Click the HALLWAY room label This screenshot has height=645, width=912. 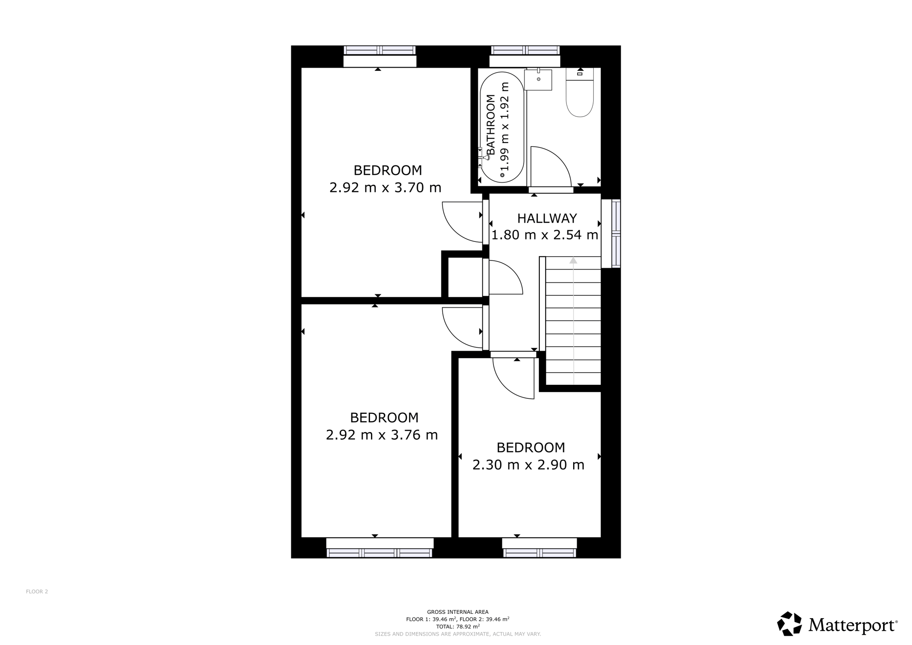(x=547, y=218)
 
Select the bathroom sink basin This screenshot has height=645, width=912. (x=538, y=80)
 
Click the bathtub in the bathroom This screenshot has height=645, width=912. (x=502, y=127)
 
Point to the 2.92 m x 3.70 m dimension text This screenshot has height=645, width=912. (x=385, y=188)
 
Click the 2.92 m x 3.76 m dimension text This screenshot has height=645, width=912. (x=382, y=435)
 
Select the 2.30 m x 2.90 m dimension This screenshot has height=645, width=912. (x=528, y=465)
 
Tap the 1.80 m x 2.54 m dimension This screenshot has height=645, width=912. (x=545, y=235)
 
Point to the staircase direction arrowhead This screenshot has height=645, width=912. (x=573, y=260)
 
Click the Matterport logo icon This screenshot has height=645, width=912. (x=790, y=624)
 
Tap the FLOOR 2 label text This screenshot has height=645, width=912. (x=37, y=592)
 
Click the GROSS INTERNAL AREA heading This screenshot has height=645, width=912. (x=458, y=612)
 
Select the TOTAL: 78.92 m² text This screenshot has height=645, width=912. (x=458, y=626)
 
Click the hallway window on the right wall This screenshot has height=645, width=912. (x=616, y=233)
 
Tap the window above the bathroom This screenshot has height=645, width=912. (x=525, y=50)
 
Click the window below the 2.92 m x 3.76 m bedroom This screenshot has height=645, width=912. (x=379, y=553)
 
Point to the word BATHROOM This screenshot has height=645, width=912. (x=491, y=125)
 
